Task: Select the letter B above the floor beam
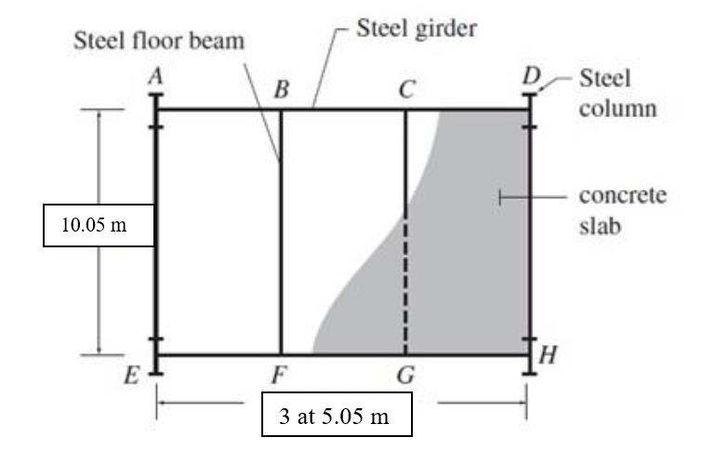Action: click(x=281, y=91)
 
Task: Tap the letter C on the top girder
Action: click(x=405, y=91)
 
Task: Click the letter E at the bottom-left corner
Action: click(x=134, y=377)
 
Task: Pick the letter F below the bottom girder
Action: click(x=279, y=377)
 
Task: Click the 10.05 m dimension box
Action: click(x=98, y=226)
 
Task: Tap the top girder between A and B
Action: click(x=219, y=110)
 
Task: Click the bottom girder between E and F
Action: click(x=219, y=354)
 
